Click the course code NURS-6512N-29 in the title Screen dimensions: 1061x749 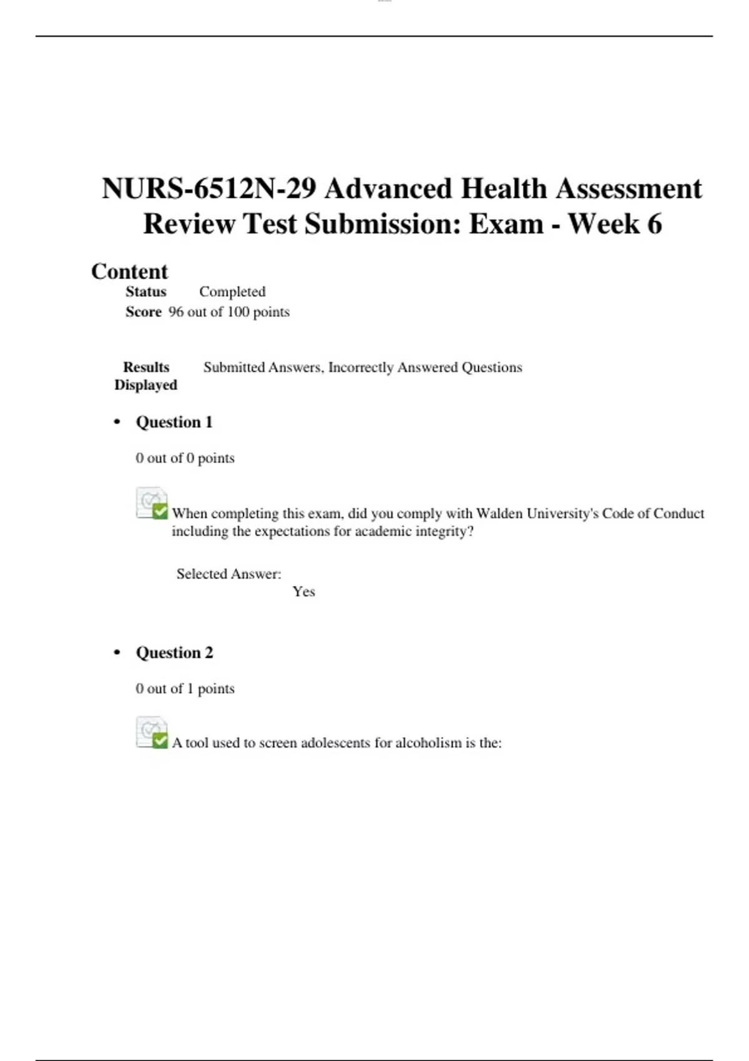pyautogui.click(x=208, y=188)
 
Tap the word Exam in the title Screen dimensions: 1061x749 pyautogui.click(x=506, y=223)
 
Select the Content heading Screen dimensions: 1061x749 pyautogui.click(x=129, y=271)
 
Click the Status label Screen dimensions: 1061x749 pyautogui.click(x=146, y=291)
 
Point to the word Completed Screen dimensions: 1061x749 pyautogui.click(x=232, y=291)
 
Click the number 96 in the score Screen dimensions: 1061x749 pyautogui.click(x=176, y=311)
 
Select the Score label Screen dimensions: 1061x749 pyautogui.click(x=143, y=311)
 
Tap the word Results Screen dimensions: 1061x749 pyautogui.click(x=146, y=367)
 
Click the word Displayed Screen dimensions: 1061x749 pyautogui.click(x=145, y=385)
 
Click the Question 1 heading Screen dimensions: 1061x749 pyautogui.click(x=174, y=422)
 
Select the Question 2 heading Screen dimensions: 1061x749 pyautogui.click(x=174, y=653)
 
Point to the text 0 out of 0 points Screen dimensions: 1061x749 pyautogui.click(x=185, y=458)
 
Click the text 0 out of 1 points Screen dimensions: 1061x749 pyautogui.click(x=185, y=688)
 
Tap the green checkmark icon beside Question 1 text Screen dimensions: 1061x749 pyautogui.click(x=160, y=511)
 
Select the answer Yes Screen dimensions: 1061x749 pyautogui.click(x=303, y=592)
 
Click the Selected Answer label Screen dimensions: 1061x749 pyautogui.click(x=228, y=574)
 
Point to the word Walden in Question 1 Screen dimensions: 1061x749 pyautogui.click(x=499, y=513)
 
